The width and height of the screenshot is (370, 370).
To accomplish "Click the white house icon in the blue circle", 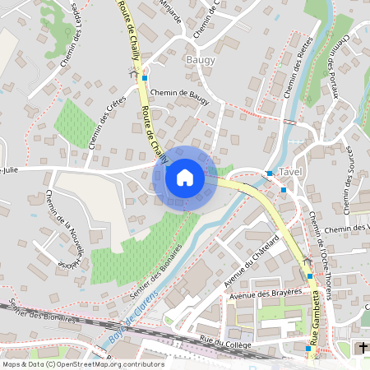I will [185, 177].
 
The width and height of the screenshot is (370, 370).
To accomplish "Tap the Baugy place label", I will [200, 60].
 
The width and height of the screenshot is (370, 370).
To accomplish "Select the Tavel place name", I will [291, 173].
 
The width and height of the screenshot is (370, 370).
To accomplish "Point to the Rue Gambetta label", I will [313, 317].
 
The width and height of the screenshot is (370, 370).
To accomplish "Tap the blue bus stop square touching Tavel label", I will [269, 173].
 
